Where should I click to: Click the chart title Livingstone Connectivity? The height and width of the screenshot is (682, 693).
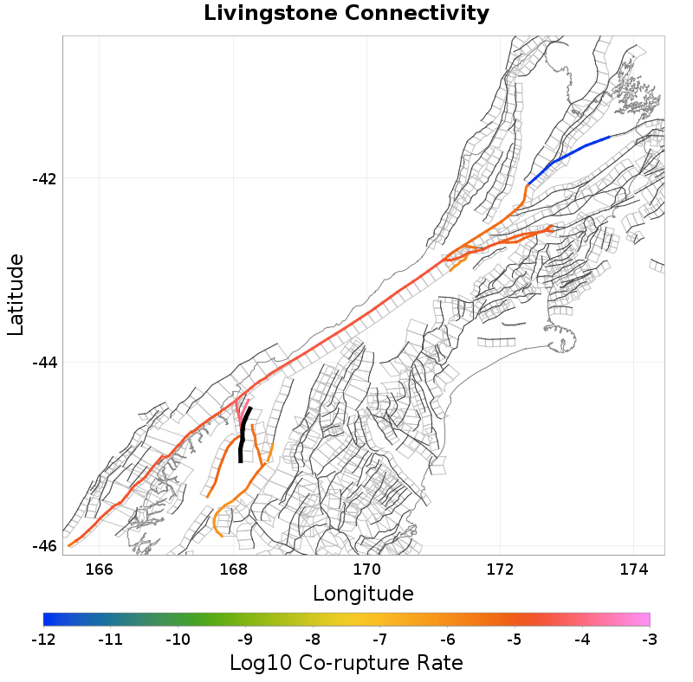(x=346, y=14)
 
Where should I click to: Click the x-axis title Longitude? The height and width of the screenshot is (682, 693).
(x=363, y=594)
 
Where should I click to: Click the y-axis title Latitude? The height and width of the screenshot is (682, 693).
(x=16, y=294)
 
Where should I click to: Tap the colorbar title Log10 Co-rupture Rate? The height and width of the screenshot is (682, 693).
(x=346, y=663)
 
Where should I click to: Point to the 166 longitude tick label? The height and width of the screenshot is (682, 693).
(x=100, y=569)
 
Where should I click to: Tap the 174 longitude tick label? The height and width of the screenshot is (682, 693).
(x=633, y=569)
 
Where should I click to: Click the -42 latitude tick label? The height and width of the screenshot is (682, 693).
(x=44, y=179)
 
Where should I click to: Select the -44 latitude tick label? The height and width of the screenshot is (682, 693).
(x=44, y=363)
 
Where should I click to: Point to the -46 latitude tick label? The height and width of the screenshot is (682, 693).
(x=44, y=546)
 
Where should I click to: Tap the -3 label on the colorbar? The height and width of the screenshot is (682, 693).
(x=650, y=640)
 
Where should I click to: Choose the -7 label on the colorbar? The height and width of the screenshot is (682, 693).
(x=380, y=640)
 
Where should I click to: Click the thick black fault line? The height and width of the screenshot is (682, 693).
(x=243, y=433)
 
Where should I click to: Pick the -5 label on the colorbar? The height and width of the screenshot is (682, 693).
(x=515, y=640)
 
